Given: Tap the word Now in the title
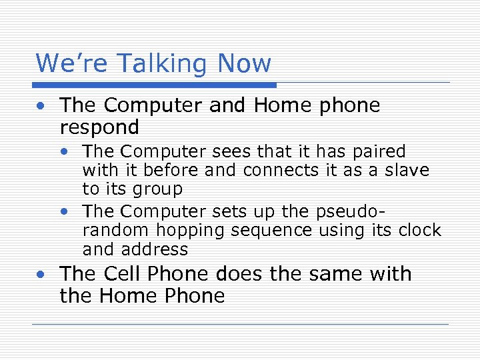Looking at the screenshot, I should tap(245, 64).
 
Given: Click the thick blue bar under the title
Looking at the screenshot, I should tap(155, 85).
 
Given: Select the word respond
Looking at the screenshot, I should tap(99, 127).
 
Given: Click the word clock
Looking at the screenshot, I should tap(419, 231).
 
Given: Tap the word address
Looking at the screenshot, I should tap(156, 249).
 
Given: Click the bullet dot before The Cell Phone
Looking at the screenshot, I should tap(41, 274).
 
